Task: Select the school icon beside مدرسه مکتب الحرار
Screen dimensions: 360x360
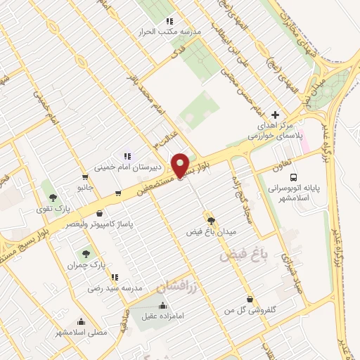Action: (170, 22)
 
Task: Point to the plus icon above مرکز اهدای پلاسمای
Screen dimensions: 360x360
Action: (275, 115)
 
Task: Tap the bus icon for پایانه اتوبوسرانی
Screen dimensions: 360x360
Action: (294, 177)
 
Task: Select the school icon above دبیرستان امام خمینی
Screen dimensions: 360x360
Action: (127, 156)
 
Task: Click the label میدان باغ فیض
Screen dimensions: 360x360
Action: (212, 231)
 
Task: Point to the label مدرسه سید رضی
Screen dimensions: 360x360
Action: (115, 288)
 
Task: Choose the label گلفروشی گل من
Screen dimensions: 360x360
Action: (247, 309)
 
